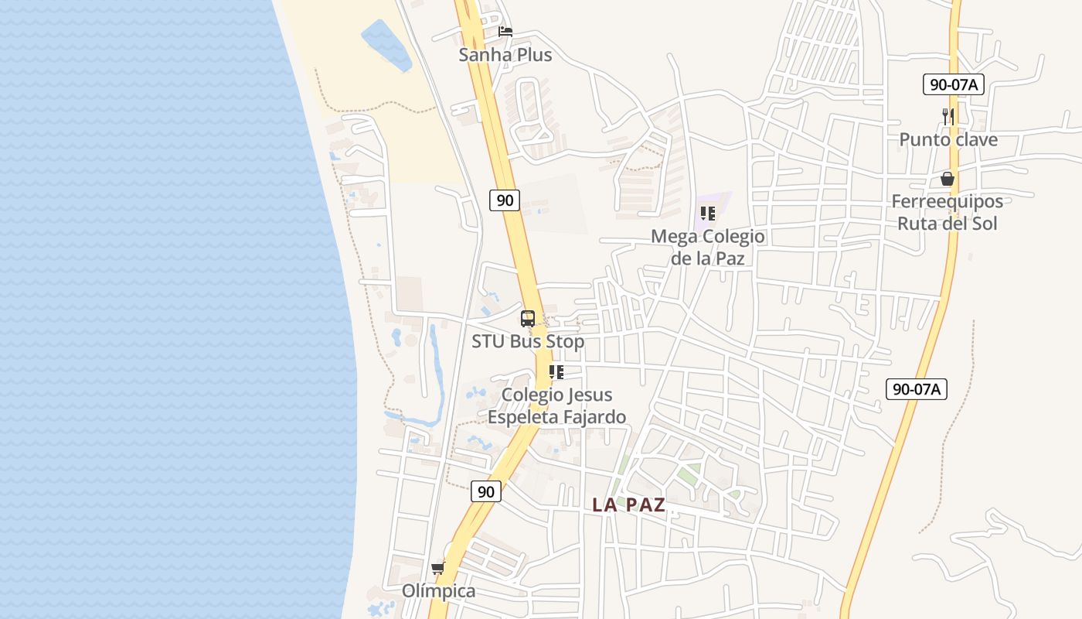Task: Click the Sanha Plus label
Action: coord(505,55)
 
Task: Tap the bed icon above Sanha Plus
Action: coord(505,32)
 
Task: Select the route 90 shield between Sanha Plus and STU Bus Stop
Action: coord(505,200)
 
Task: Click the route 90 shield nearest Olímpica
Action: coord(485,491)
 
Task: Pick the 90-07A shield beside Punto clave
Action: coord(953,84)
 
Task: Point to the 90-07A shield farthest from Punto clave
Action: coord(917,389)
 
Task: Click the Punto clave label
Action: coord(948,140)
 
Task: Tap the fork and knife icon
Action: coord(948,117)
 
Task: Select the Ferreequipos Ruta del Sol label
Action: coord(948,213)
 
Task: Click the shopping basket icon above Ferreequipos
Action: coord(948,180)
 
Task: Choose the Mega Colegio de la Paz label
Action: coord(708,248)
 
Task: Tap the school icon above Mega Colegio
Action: coord(708,214)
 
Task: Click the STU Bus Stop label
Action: coord(528,341)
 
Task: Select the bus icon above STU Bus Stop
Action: coord(528,318)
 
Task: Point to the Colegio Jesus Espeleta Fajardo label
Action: coord(556,406)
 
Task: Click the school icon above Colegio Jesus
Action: coord(556,372)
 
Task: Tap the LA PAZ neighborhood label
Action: coord(629,505)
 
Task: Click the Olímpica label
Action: coord(438,591)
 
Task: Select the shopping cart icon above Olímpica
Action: coord(438,569)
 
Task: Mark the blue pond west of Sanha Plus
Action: coord(386,44)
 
